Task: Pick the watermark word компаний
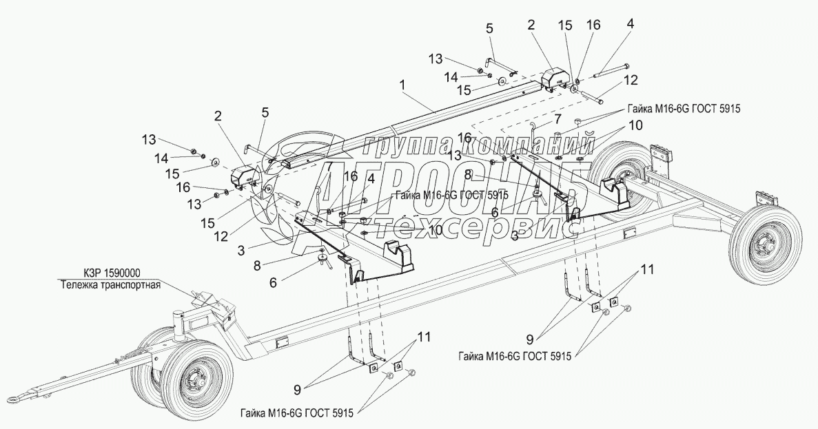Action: (x=527, y=145)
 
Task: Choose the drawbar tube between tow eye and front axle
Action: (x=83, y=377)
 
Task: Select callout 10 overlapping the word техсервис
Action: (x=434, y=231)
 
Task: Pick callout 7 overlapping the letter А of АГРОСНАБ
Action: (x=329, y=166)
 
